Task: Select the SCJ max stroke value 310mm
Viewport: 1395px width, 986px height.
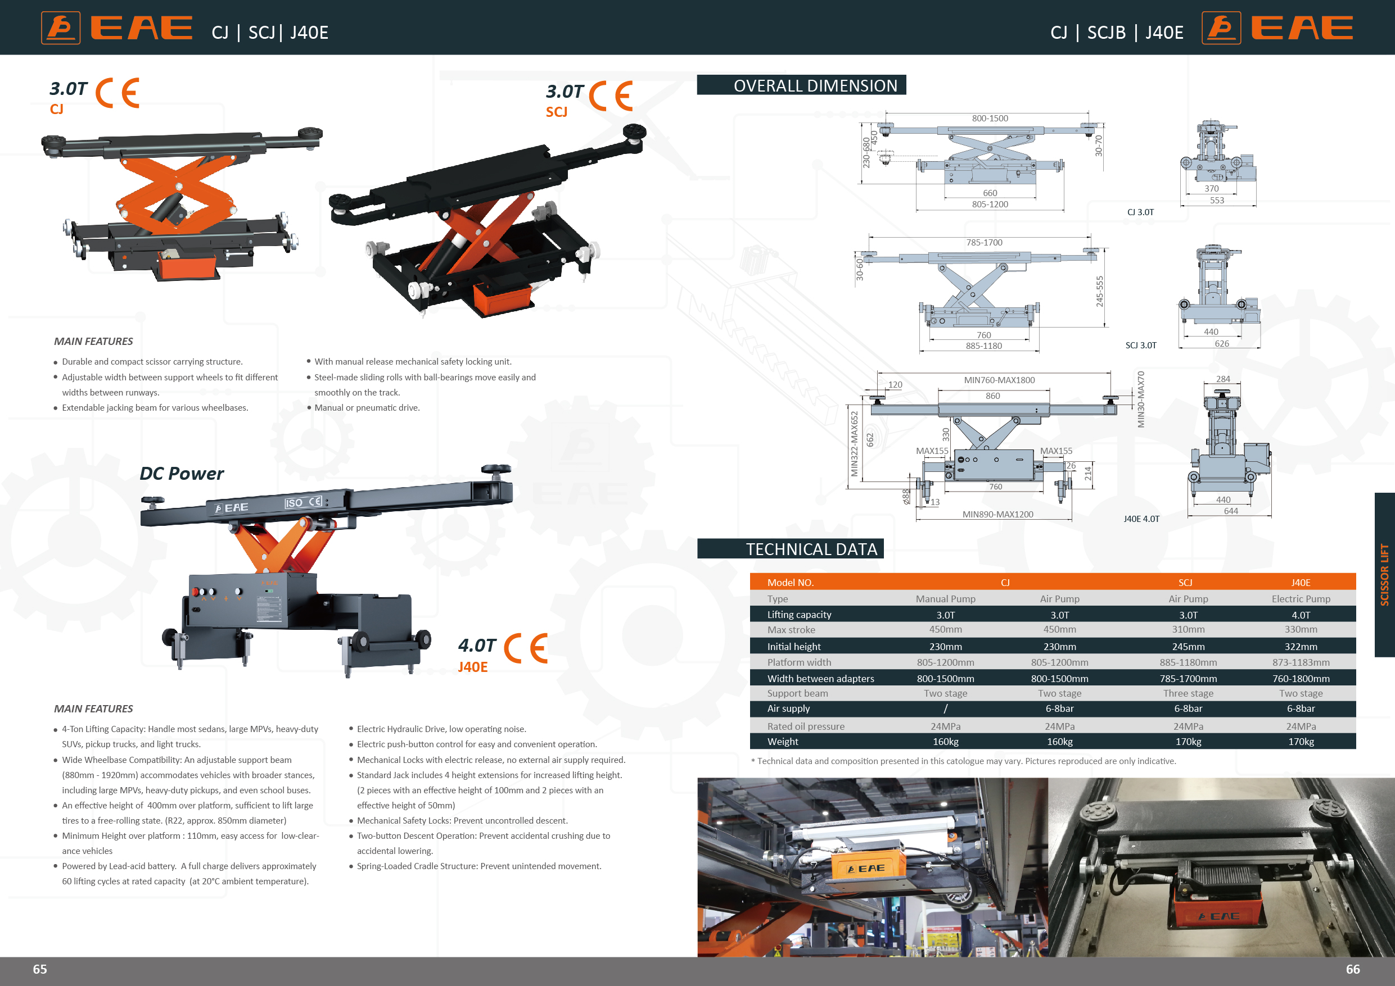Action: [x=1188, y=630]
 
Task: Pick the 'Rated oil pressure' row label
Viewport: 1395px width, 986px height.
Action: [x=805, y=726]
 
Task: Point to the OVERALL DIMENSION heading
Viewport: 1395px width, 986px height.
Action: [x=815, y=85]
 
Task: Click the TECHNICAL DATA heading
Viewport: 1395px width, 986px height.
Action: [x=811, y=549]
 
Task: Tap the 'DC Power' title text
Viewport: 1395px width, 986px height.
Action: [x=182, y=474]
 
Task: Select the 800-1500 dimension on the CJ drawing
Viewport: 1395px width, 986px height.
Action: [x=990, y=119]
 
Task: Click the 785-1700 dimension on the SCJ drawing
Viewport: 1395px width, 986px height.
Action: [x=985, y=242]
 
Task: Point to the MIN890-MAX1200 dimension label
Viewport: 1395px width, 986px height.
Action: [x=997, y=514]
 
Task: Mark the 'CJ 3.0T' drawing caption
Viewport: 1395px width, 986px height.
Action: [x=1140, y=212]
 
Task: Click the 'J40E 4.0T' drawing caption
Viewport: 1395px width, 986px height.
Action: [x=1141, y=519]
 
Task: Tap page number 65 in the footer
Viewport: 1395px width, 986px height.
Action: [x=40, y=969]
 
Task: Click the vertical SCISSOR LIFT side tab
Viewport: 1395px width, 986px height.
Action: [x=1384, y=574]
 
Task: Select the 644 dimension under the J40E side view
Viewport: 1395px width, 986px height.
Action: [x=1230, y=511]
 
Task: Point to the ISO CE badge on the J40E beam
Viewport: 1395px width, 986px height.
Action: [x=303, y=502]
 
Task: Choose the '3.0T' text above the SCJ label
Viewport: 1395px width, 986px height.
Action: [x=565, y=92]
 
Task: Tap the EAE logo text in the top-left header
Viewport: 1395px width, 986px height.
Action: [x=142, y=28]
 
